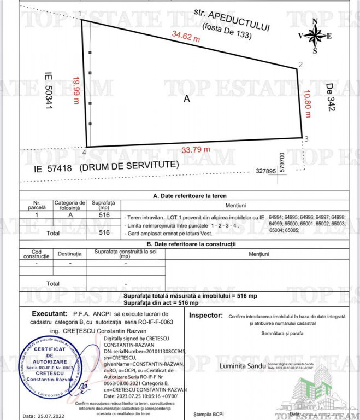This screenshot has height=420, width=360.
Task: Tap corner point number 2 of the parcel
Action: pyautogui.click(x=300, y=65)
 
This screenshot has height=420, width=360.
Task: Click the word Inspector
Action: pyautogui.click(x=205, y=316)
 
